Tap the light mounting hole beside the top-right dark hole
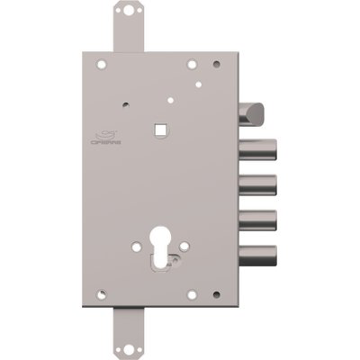click(191, 64)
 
